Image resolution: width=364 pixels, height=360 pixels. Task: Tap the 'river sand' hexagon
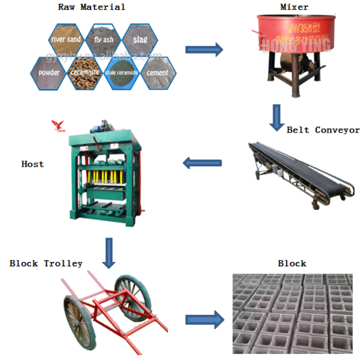(66, 39)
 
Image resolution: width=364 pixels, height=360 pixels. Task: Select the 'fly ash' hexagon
(104, 39)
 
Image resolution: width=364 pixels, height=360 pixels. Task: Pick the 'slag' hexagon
(140, 39)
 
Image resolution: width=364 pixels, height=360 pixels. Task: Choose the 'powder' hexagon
(48, 72)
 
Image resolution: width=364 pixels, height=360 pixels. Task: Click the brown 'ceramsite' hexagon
(84, 72)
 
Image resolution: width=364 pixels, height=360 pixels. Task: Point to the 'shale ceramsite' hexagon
(121, 73)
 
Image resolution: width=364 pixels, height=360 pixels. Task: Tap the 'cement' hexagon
(158, 72)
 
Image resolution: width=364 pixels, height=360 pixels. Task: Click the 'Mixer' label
(294, 7)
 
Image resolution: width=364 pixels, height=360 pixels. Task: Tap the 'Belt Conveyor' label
(323, 129)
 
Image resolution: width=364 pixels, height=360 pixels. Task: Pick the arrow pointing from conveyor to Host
(202, 163)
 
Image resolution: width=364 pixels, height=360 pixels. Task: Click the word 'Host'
(33, 164)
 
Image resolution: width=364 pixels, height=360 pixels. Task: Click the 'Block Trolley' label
(46, 263)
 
